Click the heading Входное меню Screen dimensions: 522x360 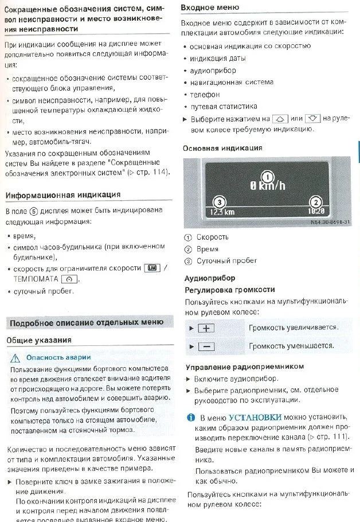(210, 7)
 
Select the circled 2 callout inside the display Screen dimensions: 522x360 (315, 201)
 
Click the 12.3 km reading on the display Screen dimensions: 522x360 (222, 212)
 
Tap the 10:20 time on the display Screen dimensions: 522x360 (316, 211)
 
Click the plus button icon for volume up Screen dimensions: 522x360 (205, 328)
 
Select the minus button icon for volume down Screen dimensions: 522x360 (205, 346)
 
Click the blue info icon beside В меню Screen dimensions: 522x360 (191, 417)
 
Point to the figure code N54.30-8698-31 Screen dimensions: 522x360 (331, 223)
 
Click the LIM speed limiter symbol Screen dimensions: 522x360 (152, 268)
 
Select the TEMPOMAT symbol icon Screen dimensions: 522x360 (68, 279)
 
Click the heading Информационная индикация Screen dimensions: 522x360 (63, 196)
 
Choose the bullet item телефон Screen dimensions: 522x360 (205, 94)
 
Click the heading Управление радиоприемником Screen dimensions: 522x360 (244, 367)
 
